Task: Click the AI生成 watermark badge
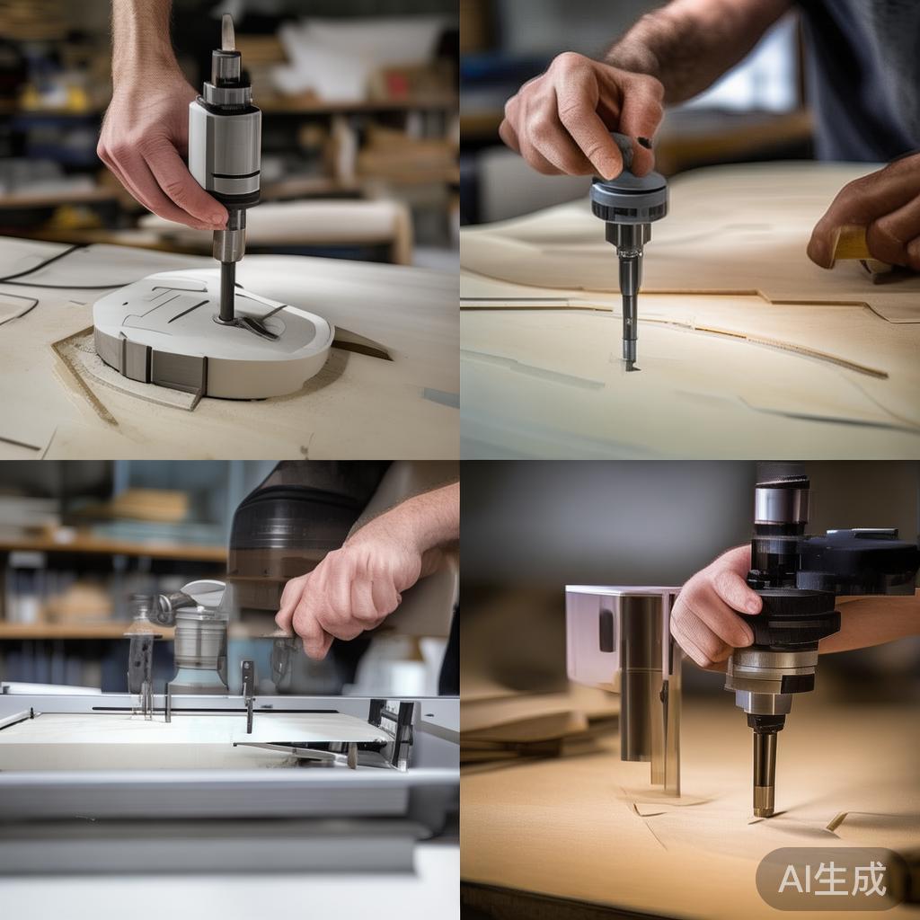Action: (832, 879)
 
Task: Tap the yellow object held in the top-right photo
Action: (853, 243)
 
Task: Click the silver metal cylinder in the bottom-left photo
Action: (199, 640)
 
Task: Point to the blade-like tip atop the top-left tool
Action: (227, 31)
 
